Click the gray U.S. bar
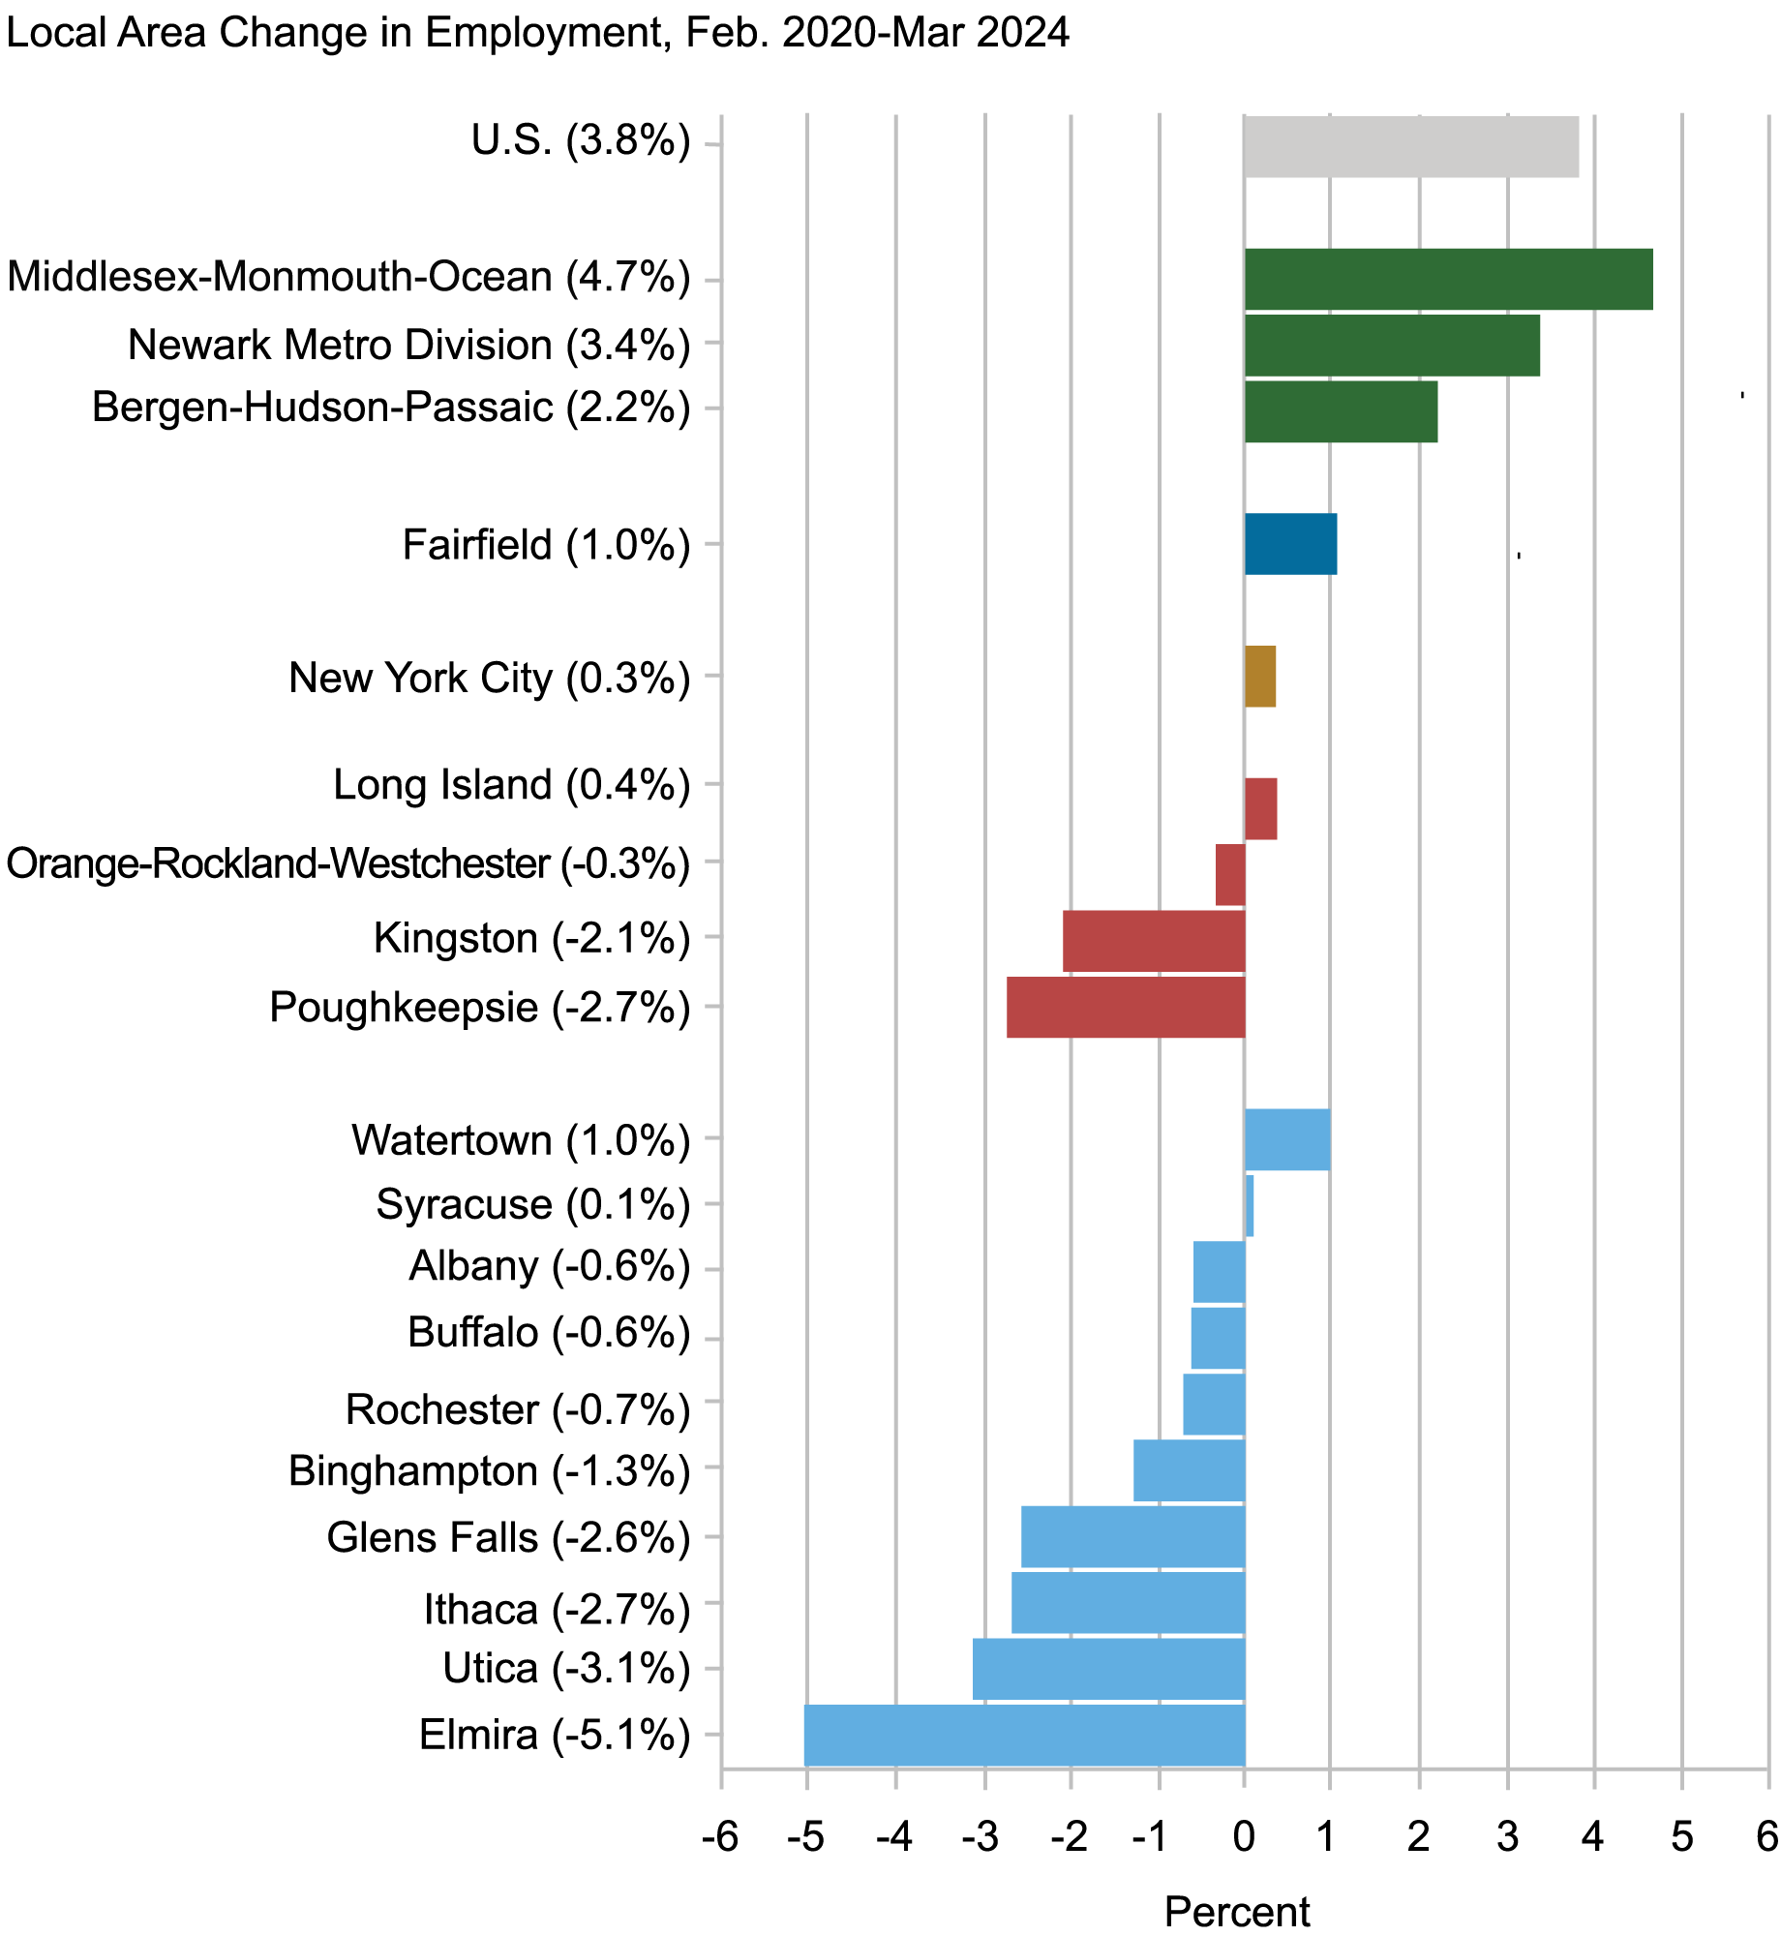[1410, 147]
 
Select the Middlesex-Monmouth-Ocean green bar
[1447, 280]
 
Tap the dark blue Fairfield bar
[1290, 544]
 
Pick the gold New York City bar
[1259, 677]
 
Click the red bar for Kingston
[1153, 941]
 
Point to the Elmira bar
[1024, 1736]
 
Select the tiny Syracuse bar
[1250, 1205]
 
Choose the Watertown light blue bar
[1286, 1139]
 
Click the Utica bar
[1108, 1669]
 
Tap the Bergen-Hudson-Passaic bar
[1340, 411]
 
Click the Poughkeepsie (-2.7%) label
[479, 1008]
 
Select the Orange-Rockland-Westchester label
[347, 863]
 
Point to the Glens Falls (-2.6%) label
[508, 1538]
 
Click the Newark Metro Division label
[408, 346]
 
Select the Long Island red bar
[1260, 809]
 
